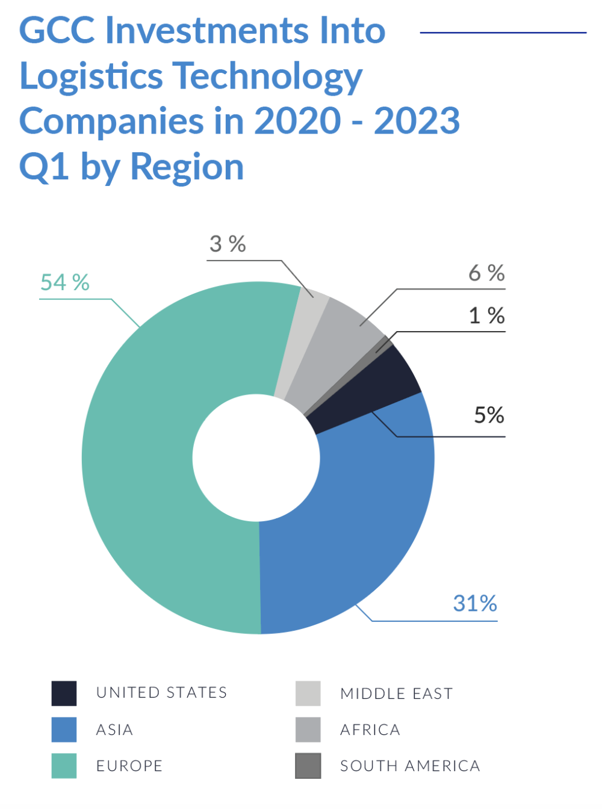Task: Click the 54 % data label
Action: click(64, 282)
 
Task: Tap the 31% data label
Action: click(475, 603)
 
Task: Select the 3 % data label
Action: click(228, 244)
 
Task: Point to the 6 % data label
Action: click(486, 273)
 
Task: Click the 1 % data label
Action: click(486, 315)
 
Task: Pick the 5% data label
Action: click(489, 415)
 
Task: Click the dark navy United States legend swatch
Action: click(64, 693)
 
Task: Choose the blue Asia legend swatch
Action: click(64, 730)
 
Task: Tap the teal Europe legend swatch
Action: click(64, 766)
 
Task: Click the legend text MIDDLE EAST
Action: click(396, 693)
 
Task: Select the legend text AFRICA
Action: click(370, 730)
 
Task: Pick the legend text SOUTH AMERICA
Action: click(409, 766)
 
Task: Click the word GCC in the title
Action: click(57, 30)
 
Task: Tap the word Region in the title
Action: click(187, 167)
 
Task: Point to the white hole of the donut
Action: click(256, 457)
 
